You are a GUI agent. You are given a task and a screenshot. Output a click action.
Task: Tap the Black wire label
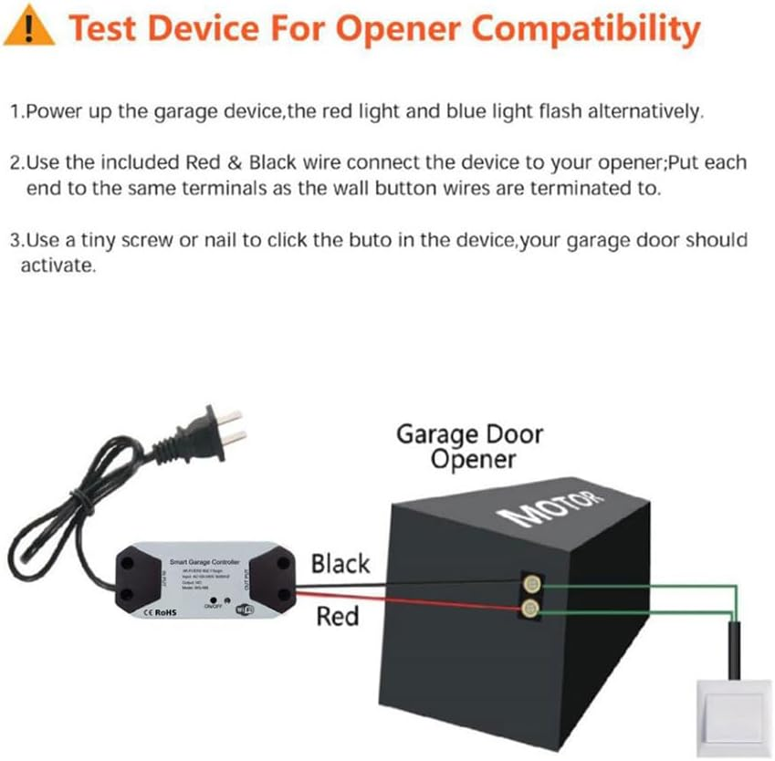[x=340, y=563]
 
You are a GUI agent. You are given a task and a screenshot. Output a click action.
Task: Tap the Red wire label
[x=337, y=617]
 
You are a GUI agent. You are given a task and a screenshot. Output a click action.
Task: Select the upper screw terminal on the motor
[x=528, y=582]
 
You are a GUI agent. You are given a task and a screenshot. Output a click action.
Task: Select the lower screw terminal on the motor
[x=528, y=607]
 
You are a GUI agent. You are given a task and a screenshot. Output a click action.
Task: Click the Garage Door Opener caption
[x=468, y=446]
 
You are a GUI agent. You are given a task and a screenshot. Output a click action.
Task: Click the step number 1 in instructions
[x=16, y=112]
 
